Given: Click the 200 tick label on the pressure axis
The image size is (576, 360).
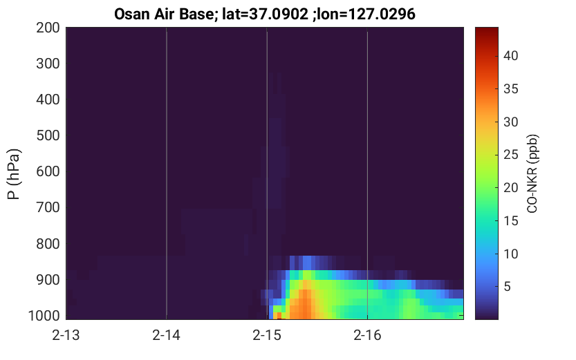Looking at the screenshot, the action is point(48,28).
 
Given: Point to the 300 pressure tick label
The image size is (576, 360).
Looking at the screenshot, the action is point(48,64).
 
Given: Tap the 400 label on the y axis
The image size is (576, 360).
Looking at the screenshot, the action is point(48,100).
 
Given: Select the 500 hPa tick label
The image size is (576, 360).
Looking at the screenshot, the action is point(48,135).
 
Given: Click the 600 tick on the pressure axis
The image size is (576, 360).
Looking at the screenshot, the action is point(48,171).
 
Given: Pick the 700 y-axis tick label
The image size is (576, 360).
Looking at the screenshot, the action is point(48,207).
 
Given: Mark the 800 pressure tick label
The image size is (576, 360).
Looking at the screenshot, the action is point(48,244).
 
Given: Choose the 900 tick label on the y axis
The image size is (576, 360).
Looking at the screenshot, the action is point(48,280).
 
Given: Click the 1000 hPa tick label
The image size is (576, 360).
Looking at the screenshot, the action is point(44,316).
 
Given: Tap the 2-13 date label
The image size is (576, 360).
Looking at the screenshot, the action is point(66,335).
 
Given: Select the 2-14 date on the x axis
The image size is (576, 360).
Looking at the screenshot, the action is point(167,335).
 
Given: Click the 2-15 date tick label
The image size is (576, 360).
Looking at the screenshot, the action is point(267,335).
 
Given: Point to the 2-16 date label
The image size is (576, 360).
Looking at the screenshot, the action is point(367,335).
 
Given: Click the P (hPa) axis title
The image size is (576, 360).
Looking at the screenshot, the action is point(14,174).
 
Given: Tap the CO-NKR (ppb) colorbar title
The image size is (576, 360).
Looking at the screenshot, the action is point(532,173).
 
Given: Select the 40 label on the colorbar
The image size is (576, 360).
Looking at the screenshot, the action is point(510,56).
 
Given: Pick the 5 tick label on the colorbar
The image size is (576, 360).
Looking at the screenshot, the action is point(507,287).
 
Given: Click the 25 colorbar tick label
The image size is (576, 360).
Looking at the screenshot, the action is point(510,155).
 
